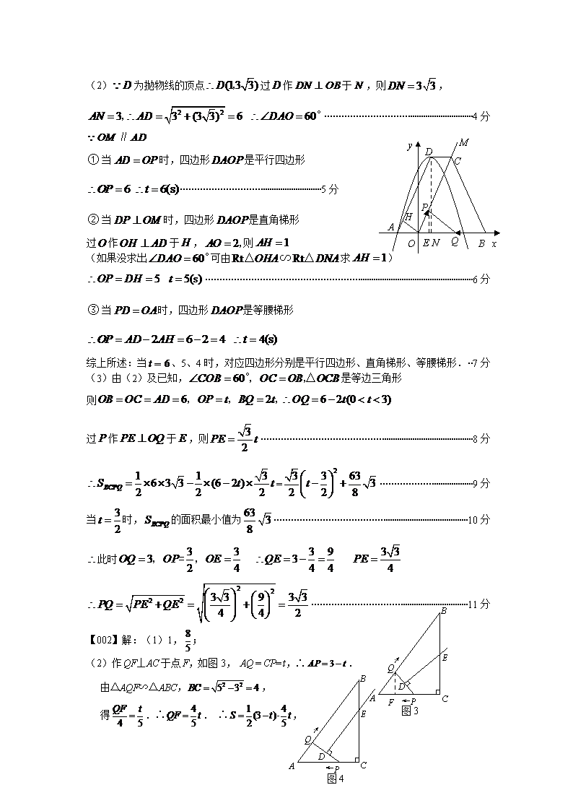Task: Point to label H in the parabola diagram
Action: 408,217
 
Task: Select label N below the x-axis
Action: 437,243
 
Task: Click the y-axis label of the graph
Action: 409,146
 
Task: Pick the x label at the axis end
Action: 494,244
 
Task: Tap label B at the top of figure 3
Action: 443,612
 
